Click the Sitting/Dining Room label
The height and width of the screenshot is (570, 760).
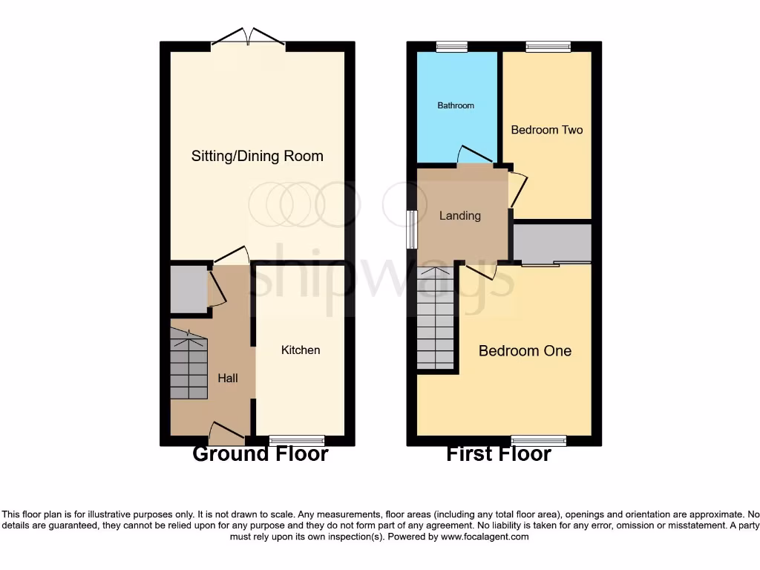[x=257, y=156]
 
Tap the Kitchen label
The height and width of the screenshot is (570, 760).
[x=301, y=350]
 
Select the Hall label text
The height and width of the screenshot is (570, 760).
[x=228, y=378]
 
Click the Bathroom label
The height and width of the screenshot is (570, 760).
[x=455, y=105]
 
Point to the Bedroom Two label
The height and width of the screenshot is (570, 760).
[x=547, y=130]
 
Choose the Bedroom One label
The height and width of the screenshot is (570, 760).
[x=525, y=350]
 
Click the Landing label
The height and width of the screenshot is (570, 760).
[x=460, y=215]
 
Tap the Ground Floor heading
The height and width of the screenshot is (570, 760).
[x=260, y=453]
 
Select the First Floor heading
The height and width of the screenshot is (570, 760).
[x=498, y=453]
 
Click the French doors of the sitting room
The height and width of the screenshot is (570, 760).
[x=249, y=38]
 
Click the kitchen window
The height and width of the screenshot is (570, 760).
[x=296, y=440]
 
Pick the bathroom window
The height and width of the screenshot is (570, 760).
[x=451, y=47]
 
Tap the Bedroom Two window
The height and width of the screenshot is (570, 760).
[x=548, y=47]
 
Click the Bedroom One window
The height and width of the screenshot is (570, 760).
[x=538, y=440]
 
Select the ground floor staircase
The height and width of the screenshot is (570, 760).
[x=189, y=365]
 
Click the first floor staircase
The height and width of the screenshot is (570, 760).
[x=435, y=319]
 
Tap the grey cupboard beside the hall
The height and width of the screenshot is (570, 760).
[x=187, y=288]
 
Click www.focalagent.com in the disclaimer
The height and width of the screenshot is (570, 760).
[x=484, y=537]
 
